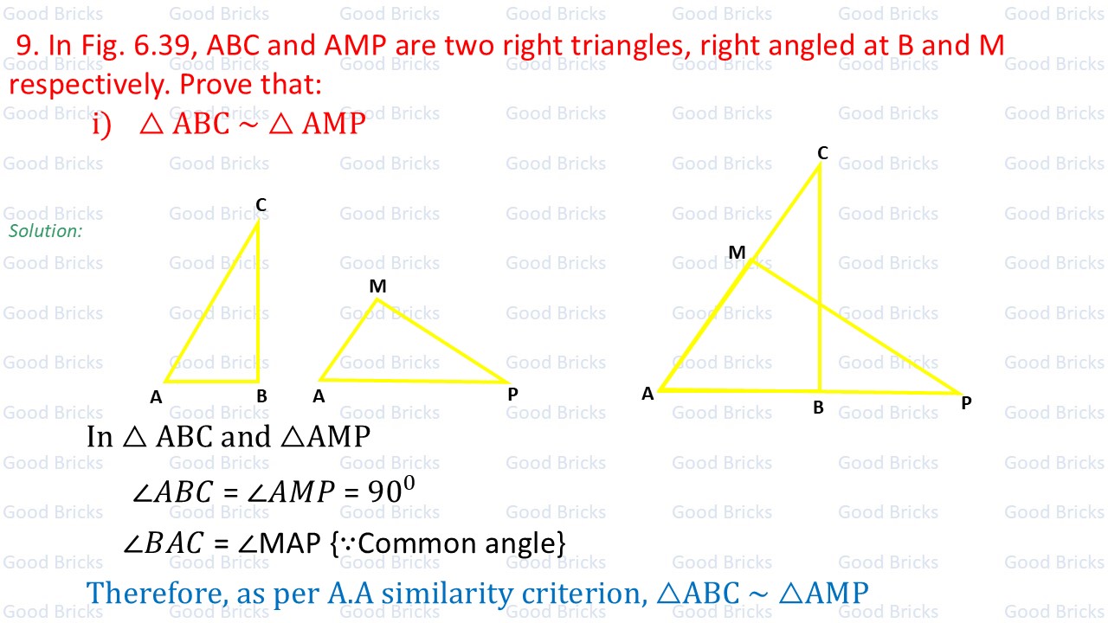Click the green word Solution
tap(45, 231)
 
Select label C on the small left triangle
tap(261, 205)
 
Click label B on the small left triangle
tap(261, 397)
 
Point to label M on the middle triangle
tap(377, 286)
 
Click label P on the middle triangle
tap(512, 395)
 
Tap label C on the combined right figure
tap(822, 153)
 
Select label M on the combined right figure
tap(737, 253)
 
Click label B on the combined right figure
tap(818, 408)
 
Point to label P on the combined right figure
tap(966, 403)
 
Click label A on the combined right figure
tap(647, 395)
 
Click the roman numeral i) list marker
tap(102, 125)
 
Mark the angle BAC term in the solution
tap(165, 543)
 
